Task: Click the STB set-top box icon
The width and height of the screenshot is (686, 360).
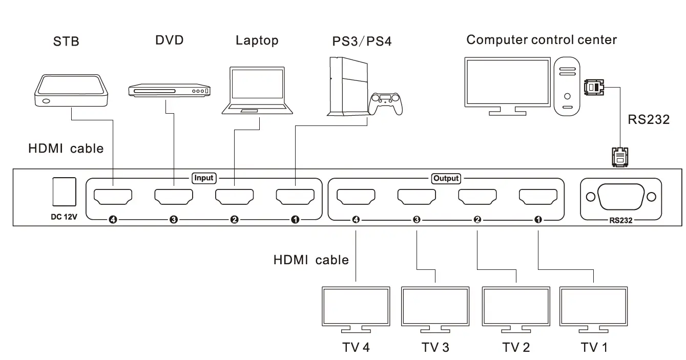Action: pyautogui.click(x=72, y=91)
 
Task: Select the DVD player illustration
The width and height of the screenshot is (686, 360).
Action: pyautogui.click(x=169, y=90)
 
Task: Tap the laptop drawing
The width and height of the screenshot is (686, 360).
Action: pyautogui.click(x=257, y=90)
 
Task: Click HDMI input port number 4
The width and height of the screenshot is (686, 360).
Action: pyautogui.click(x=113, y=196)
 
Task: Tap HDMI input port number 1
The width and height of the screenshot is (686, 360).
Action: pyautogui.click(x=295, y=196)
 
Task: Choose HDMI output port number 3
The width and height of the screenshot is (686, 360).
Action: pyautogui.click(x=416, y=196)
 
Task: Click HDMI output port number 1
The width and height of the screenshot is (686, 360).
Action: pyautogui.click(x=538, y=196)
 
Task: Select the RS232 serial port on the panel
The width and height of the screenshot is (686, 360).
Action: pyautogui.click(x=620, y=197)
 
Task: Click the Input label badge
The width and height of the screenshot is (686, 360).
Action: pyautogui.click(x=203, y=178)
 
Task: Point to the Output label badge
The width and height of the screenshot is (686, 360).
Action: pyautogui.click(x=446, y=179)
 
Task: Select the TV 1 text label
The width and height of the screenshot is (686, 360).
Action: pyautogui.click(x=594, y=347)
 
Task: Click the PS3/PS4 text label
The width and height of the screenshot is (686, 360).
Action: pyautogui.click(x=362, y=41)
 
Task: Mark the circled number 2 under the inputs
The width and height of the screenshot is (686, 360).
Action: pyautogui.click(x=234, y=220)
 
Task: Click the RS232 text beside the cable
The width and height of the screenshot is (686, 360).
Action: pyautogui.click(x=649, y=119)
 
